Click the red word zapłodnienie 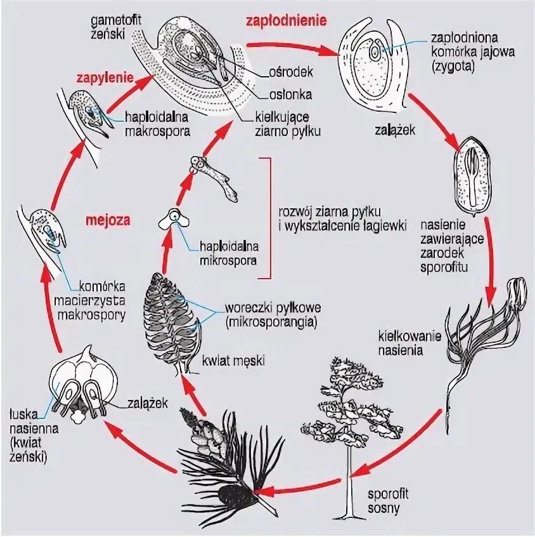coord(287,20)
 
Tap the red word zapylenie coord(105,79)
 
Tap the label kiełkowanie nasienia coord(401,343)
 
